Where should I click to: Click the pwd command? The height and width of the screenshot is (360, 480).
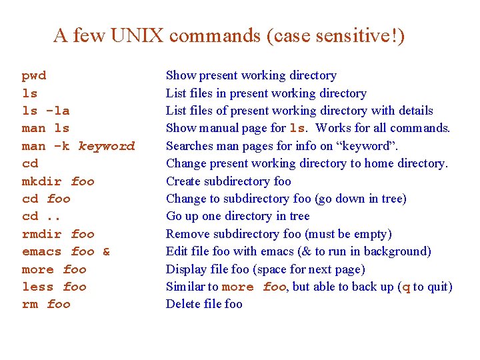[x=34, y=76]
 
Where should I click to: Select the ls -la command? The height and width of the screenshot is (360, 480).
[x=46, y=111]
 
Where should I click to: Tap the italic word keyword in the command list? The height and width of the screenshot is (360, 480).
[x=107, y=146]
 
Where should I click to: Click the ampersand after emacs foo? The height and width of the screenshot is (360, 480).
[x=107, y=252]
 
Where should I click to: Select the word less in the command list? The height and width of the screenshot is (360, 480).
[x=38, y=287]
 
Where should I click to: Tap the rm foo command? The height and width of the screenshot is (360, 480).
[x=46, y=305]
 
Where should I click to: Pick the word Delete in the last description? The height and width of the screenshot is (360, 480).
[x=183, y=305]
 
